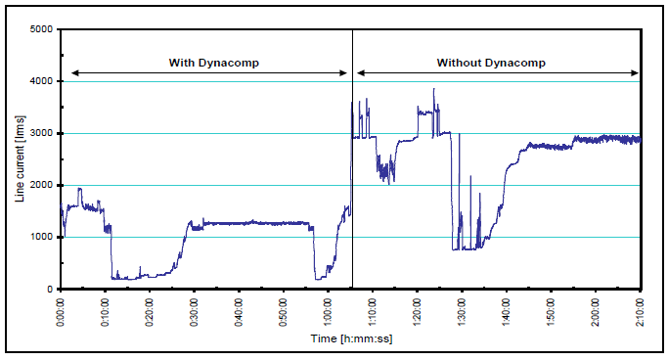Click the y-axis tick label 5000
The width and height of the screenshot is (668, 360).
pyautogui.click(x=41, y=29)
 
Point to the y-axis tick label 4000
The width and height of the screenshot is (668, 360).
pyautogui.click(x=41, y=81)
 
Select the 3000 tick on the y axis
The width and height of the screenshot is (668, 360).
pyautogui.click(x=41, y=133)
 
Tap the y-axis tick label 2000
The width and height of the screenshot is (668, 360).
pyautogui.click(x=41, y=185)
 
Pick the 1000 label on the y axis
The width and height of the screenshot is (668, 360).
pyautogui.click(x=41, y=237)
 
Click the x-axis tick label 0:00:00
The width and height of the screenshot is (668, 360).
pyautogui.click(x=61, y=311)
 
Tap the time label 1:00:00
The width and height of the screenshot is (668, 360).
pyautogui.click(x=328, y=311)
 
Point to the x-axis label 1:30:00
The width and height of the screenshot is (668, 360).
pyautogui.click(x=462, y=311)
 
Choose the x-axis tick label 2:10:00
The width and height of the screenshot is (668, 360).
pyautogui.click(x=640, y=311)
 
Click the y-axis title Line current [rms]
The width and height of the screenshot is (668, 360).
pyautogui.click(x=19, y=158)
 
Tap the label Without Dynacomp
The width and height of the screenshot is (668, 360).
pyautogui.click(x=491, y=63)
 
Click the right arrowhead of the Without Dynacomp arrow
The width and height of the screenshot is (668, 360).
pyautogui.click(x=637, y=72)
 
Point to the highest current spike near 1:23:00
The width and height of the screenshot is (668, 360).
pyautogui.click(x=434, y=90)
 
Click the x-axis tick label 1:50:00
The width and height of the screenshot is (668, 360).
pyautogui.click(x=551, y=311)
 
